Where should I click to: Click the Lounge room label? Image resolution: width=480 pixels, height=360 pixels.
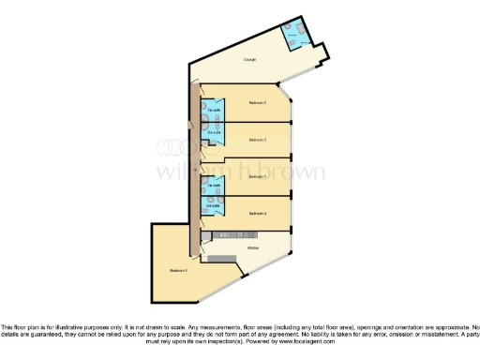coord(249,59)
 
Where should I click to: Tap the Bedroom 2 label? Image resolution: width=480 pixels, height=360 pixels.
coord(258,102)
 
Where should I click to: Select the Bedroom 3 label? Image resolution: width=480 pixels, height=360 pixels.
coord(258,140)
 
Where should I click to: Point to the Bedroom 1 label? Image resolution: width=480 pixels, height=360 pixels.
coord(258,176)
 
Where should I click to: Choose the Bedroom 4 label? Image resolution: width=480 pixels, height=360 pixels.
coord(258,214)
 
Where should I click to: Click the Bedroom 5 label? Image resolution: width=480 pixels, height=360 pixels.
coord(179,271)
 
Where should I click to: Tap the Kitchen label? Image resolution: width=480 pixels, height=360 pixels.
coord(252,247)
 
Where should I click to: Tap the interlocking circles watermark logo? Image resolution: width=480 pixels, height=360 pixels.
coord(172,148)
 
